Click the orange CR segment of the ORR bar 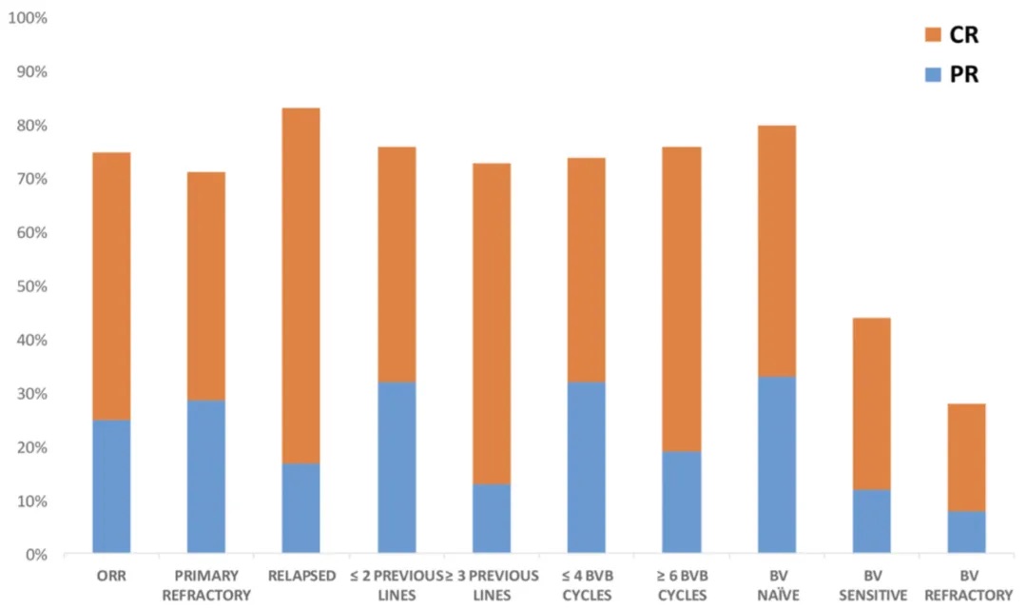[x=111, y=285]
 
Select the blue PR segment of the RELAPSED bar [x=301, y=507]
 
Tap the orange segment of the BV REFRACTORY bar [x=966, y=458]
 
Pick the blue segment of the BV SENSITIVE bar [x=871, y=521]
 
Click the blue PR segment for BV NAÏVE [x=776, y=464]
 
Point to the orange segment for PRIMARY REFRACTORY [x=206, y=285]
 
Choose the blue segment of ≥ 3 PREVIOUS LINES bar [x=492, y=519]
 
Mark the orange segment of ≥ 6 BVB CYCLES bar [x=682, y=299]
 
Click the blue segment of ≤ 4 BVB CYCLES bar [x=587, y=467]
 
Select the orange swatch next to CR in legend [x=932, y=35]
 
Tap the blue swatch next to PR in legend [x=932, y=74]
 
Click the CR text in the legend [x=963, y=35]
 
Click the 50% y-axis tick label [x=31, y=286]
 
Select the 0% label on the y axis [x=35, y=554]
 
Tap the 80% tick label [x=31, y=126]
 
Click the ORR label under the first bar [x=111, y=576]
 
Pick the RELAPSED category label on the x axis [x=301, y=576]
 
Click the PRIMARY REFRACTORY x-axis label [x=206, y=585]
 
